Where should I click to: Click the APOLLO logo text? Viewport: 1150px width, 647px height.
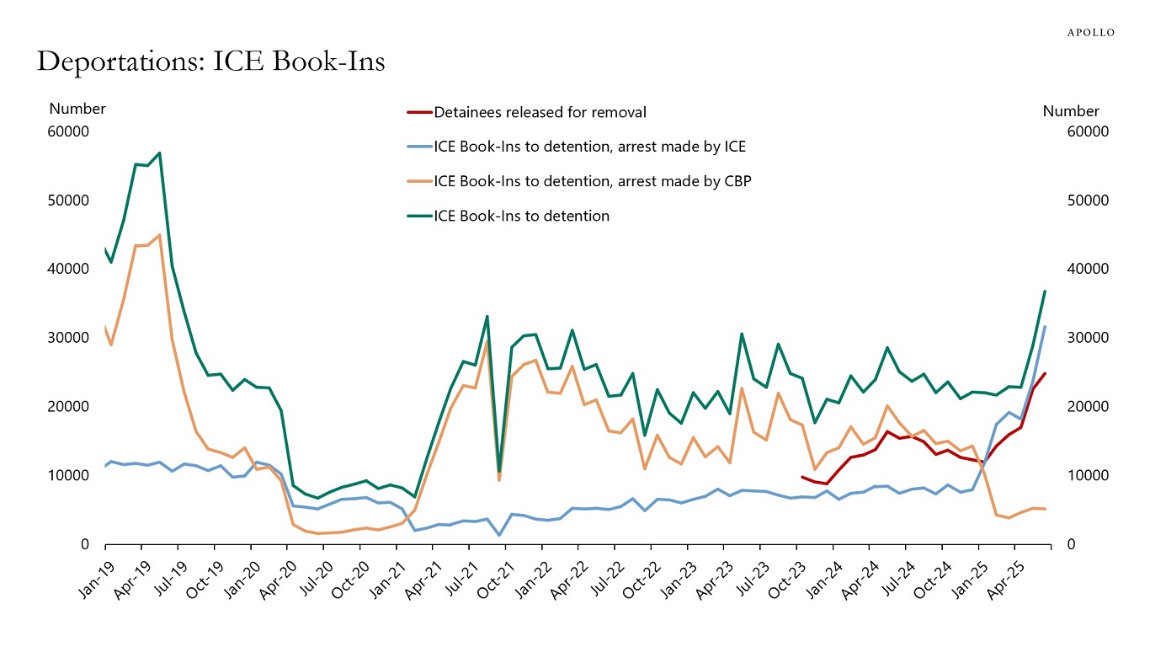[1091, 33]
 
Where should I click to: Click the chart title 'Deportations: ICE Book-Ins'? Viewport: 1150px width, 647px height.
[210, 61]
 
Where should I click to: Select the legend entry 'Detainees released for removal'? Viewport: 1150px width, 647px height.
[540, 112]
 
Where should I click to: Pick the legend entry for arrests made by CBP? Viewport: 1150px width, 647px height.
[587, 181]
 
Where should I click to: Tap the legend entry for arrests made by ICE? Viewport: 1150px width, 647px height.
[589, 147]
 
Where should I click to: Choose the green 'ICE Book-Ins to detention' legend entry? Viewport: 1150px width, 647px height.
[521, 216]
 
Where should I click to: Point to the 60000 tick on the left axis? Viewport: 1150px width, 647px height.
[70, 131]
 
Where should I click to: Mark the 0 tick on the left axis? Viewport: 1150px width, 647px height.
[84, 544]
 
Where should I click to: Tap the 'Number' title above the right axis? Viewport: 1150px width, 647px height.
[1071, 111]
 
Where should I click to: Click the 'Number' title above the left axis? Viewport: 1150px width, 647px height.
[77, 109]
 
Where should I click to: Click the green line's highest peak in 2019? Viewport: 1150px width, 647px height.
[160, 153]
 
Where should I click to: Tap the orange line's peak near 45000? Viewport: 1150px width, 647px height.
[160, 235]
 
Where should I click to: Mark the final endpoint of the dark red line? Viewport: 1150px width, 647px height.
[1045, 373]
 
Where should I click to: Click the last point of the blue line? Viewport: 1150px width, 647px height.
[1045, 327]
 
